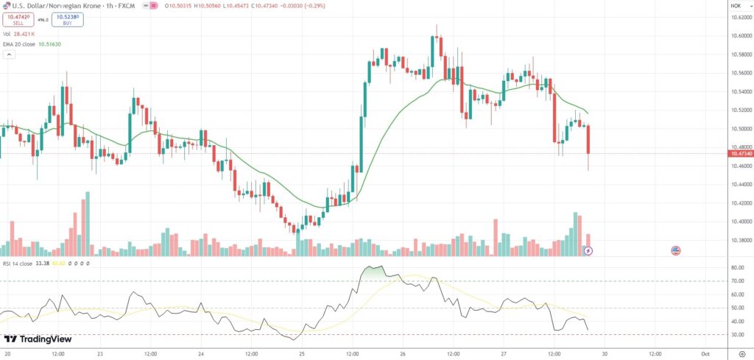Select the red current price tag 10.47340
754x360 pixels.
[x=739, y=153]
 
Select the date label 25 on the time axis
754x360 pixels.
[x=303, y=353]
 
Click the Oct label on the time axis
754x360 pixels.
[x=705, y=353]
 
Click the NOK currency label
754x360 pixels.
[x=735, y=6]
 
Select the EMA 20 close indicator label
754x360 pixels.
[x=32, y=44]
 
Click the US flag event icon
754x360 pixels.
[x=675, y=251]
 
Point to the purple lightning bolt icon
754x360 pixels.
[x=588, y=251]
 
